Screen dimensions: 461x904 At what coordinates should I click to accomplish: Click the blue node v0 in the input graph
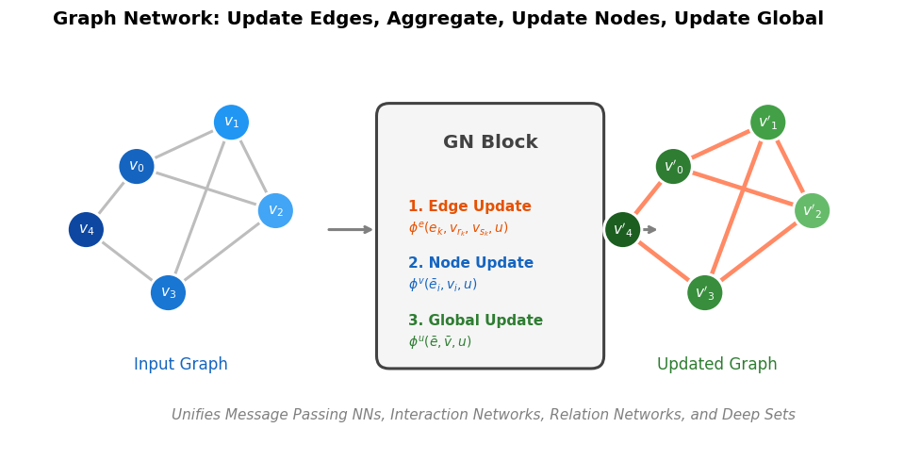pos(137,167)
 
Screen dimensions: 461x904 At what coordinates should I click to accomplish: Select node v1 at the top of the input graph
pos(231,123)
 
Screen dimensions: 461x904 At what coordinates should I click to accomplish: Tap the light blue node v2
pos(275,211)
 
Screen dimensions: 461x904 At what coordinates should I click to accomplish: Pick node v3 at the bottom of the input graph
pos(168,293)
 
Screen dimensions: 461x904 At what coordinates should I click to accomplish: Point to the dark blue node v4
pos(86,230)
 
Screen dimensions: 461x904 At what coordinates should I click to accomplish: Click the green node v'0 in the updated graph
pos(673,167)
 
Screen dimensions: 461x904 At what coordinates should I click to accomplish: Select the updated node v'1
pos(767,123)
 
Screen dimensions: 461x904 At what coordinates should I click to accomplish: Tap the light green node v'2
pos(812,211)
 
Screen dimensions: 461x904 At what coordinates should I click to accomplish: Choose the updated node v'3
pos(704,293)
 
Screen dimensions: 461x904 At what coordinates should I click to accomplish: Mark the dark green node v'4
pos(622,230)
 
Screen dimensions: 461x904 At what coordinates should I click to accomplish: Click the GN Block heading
pos(490,142)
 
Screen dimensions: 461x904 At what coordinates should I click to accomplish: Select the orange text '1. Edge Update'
pos(469,206)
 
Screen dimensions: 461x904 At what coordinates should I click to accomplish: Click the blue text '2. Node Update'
pos(470,263)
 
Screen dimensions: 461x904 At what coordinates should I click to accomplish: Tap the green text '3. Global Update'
pos(475,321)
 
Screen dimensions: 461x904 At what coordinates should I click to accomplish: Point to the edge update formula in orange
pos(458,228)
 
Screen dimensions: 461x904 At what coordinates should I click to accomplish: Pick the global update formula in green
pos(439,342)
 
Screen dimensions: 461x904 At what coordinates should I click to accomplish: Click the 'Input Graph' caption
pos(181,365)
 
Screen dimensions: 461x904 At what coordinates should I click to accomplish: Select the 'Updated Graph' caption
pos(716,365)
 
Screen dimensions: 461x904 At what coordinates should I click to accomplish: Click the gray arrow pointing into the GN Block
pos(350,230)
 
